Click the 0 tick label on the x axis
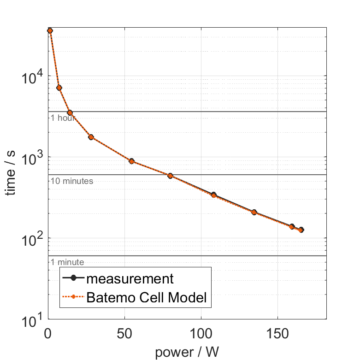pos(48,334)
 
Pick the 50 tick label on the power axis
pos(124,334)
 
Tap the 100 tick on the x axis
pos(201,334)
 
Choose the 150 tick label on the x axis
pos(277,334)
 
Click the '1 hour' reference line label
pos(63,118)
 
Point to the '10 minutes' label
pos(72,181)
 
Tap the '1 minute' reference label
pos(67,262)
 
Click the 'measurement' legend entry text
pos(130,279)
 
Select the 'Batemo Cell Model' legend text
pos(148,298)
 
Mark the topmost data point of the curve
pos(50,30)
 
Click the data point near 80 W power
pos(171,176)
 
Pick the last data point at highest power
pos(301,230)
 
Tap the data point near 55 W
pos(132,161)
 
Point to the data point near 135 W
pos(254,212)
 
